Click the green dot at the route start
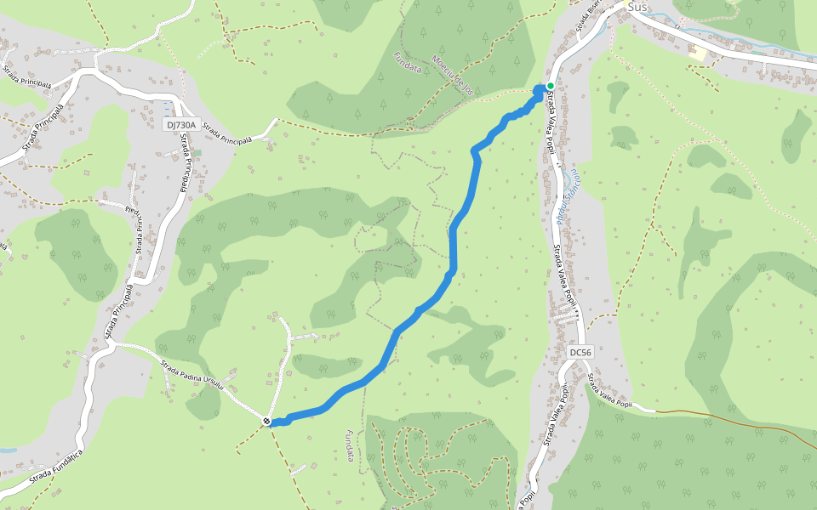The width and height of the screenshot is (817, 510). (551, 86)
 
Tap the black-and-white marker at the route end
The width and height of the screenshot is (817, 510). (267, 421)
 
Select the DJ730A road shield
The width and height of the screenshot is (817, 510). (180, 125)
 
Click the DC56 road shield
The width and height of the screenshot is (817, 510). (580, 352)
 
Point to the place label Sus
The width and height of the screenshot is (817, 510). (637, 7)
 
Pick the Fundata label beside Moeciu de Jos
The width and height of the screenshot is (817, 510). (408, 65)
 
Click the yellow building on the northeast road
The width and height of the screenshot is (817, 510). (699, 54)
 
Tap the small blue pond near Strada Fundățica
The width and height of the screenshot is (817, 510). (6, 450)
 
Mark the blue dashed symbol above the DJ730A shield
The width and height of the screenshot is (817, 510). (168, 110)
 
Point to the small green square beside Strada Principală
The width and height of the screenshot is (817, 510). (197, 153)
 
